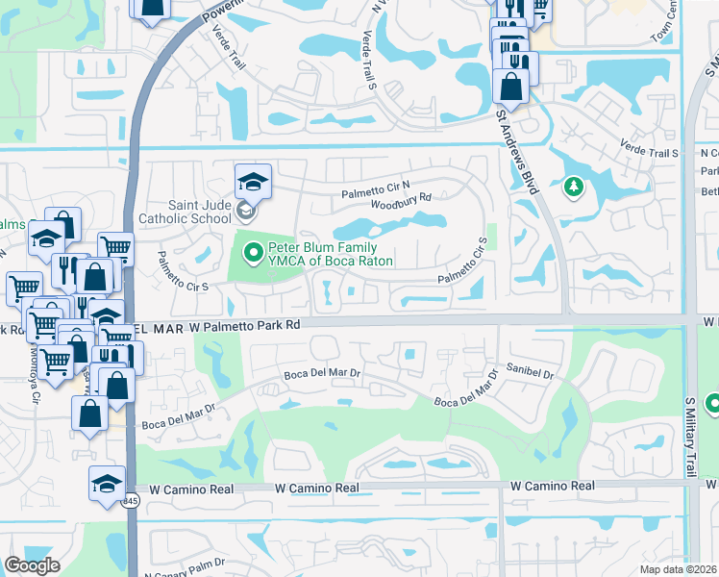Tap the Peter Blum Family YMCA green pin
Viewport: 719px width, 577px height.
coord(254,254)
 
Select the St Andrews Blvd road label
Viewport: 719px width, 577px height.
coord(515,154)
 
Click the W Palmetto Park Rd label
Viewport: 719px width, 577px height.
coord(246,326)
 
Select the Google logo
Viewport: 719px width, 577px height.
coord(32,565)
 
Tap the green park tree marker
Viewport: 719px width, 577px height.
coord(574,186)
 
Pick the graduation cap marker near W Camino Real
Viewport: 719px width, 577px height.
coord(107,484)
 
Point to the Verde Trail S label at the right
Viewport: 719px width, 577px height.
coord(650,153)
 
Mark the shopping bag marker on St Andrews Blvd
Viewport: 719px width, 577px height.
coord(509,85)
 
